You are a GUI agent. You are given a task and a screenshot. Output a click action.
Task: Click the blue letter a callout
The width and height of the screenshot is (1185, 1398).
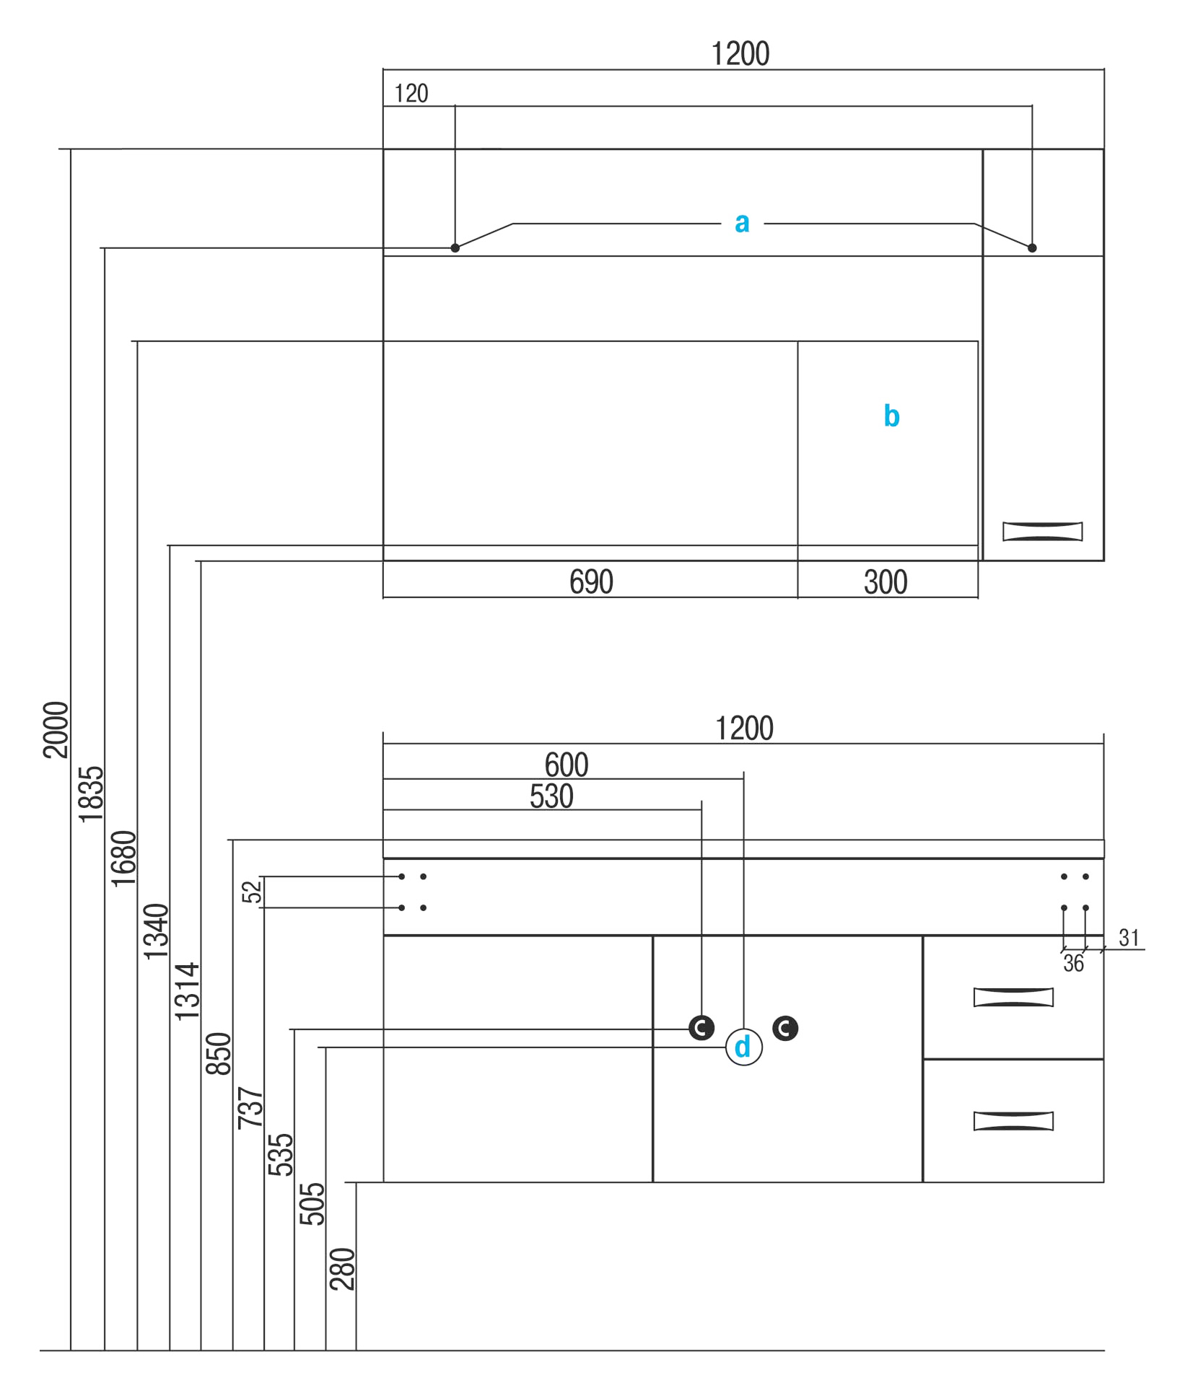click(742, 223)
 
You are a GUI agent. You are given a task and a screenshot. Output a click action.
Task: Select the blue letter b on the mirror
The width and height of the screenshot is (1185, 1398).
click(891, 416)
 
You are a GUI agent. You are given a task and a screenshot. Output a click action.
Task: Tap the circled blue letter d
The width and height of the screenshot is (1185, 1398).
click(743, 1047)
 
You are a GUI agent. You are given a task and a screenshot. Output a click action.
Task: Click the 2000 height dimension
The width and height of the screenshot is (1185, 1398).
click(56, 729)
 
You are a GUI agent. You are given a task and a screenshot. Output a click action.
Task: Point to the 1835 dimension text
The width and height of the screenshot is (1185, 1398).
click(91, 794)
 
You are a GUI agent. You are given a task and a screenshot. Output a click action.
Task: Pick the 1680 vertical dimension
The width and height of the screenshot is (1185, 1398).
click(123, 858)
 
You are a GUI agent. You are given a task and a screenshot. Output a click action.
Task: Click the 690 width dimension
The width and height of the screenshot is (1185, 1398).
click(591, 582)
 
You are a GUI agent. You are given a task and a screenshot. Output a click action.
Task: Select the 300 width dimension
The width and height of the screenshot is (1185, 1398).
click(886, 582)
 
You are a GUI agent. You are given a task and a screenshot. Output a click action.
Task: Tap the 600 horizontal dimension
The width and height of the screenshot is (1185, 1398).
click(567, 765)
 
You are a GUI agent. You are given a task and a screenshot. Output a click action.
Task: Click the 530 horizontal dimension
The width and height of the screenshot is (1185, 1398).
click(551, 796)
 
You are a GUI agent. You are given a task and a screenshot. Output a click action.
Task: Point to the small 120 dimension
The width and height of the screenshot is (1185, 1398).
click(411, 94)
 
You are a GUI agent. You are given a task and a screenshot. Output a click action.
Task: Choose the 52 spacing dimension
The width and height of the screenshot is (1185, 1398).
click(251, 892)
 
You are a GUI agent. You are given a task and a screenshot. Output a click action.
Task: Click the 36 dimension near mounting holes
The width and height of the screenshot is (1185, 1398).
click(1073, 964)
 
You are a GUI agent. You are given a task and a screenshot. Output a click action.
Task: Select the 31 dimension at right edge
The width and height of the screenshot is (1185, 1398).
click(1129, 938)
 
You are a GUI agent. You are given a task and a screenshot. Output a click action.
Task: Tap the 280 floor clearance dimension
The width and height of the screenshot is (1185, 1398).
click(342, 1269)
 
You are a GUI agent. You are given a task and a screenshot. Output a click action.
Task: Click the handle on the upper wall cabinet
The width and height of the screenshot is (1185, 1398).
click(1042, 532)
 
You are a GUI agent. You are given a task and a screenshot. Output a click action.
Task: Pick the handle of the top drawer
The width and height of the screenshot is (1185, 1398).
click(1013, 997)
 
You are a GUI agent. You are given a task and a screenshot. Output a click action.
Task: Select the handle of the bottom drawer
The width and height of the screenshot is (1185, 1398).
click(1013, 1121)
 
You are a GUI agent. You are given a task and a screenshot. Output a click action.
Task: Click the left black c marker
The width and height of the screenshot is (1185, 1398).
click(701, 1028)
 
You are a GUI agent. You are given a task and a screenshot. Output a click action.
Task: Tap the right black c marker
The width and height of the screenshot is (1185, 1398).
click(785, 1028)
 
